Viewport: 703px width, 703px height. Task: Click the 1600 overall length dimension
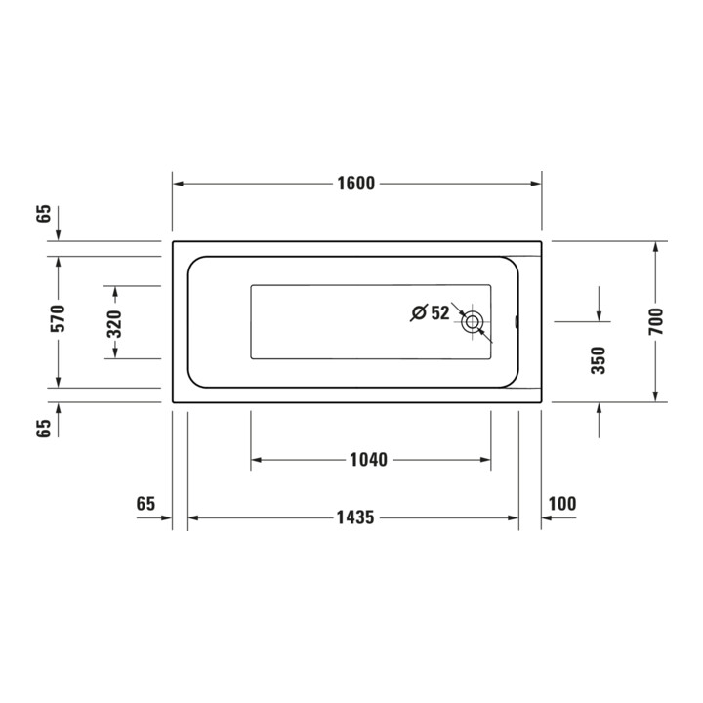[356, 184]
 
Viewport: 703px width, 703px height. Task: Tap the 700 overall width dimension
[655, 321]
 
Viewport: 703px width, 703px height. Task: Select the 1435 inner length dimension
[355, 517]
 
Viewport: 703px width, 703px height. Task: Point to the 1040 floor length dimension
[368, 460]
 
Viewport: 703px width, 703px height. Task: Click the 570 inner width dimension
[58, 318]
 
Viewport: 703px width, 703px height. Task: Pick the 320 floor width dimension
[115, 324]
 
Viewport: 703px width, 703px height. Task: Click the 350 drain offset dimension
[599, 360]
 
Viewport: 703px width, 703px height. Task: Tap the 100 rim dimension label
[562, 504]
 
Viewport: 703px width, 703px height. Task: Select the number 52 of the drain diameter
[439, 313]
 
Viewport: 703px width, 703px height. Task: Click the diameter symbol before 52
[418, 313]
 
